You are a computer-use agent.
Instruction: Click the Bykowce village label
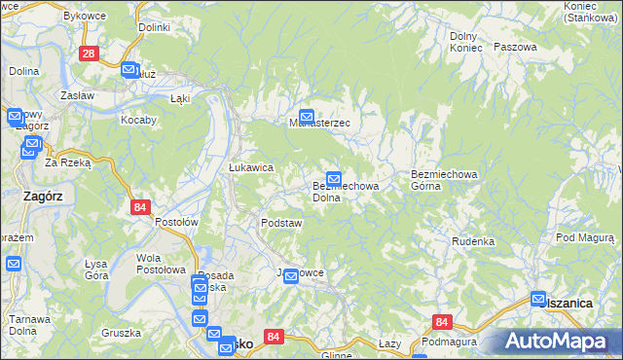(x=85, y=17)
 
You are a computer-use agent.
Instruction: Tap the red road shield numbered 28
(x=89, y=54)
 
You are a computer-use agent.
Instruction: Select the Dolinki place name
(x=154, y=27)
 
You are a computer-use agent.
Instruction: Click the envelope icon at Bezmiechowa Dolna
(x=334, y=179)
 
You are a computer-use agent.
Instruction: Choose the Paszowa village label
(x=515, y=47)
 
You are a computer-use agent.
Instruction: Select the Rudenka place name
(x=473, y=241)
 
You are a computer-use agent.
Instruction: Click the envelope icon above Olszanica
(x=538, y=300)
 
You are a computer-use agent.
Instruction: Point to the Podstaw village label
(x=281, y=223)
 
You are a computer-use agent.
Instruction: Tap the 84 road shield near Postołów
(x=140, y=206)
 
